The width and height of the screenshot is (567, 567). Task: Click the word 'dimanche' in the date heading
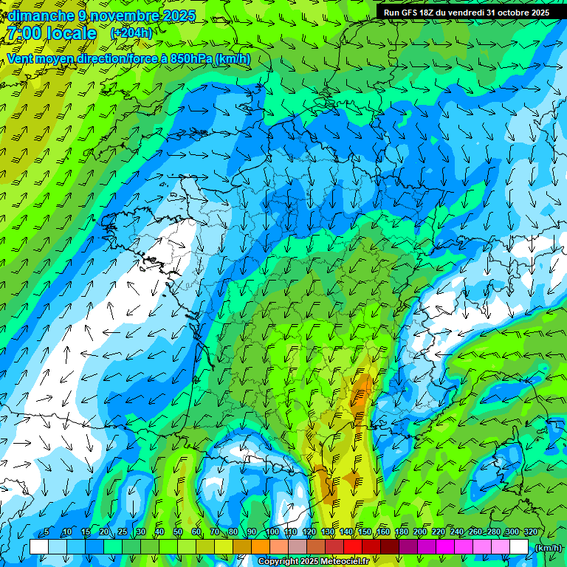38,16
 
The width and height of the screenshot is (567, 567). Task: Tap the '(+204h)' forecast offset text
131,32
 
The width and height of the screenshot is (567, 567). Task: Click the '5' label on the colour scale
47,532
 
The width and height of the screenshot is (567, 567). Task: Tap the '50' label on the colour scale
177,532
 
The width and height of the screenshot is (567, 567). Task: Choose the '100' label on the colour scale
272,532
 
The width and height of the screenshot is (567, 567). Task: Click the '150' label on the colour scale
364,532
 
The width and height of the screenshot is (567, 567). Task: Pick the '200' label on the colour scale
419,532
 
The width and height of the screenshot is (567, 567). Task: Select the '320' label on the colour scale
530,532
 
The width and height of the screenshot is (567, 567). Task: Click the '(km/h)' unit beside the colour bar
547,547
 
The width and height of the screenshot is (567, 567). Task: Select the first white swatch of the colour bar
39,547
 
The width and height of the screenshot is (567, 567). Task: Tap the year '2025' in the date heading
179,16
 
